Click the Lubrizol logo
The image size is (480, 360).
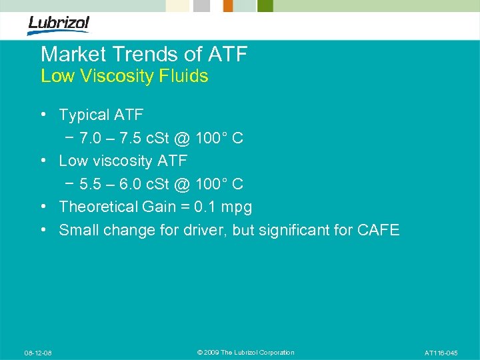point(59,25)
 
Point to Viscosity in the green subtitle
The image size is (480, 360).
point(116,76)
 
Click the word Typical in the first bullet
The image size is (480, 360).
point(84,115)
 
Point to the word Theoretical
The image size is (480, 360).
point(99,207)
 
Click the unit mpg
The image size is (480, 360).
point(238,207)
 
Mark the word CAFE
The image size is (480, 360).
point(378,231)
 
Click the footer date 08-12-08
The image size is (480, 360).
point(38,353)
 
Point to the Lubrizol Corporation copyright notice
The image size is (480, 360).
point(246,353)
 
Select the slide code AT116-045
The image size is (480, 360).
point(441,353)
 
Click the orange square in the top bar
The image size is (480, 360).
point(228,6)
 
